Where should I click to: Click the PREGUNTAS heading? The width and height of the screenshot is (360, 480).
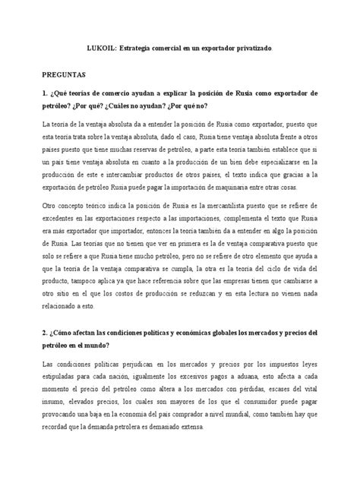(65, 76)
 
